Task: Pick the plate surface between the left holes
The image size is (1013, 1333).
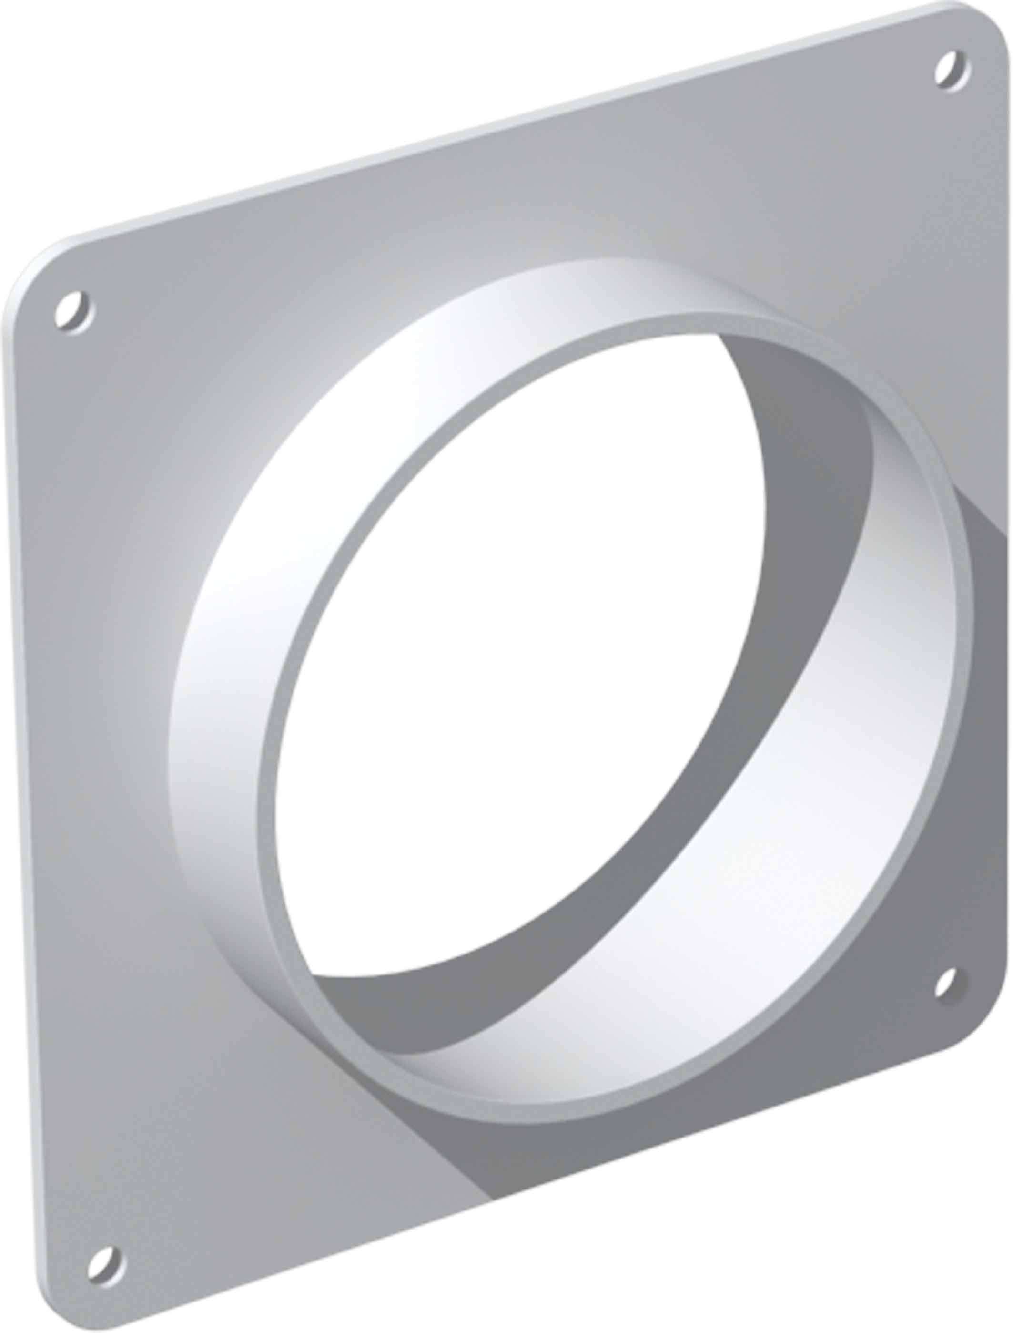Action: (91, 784)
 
